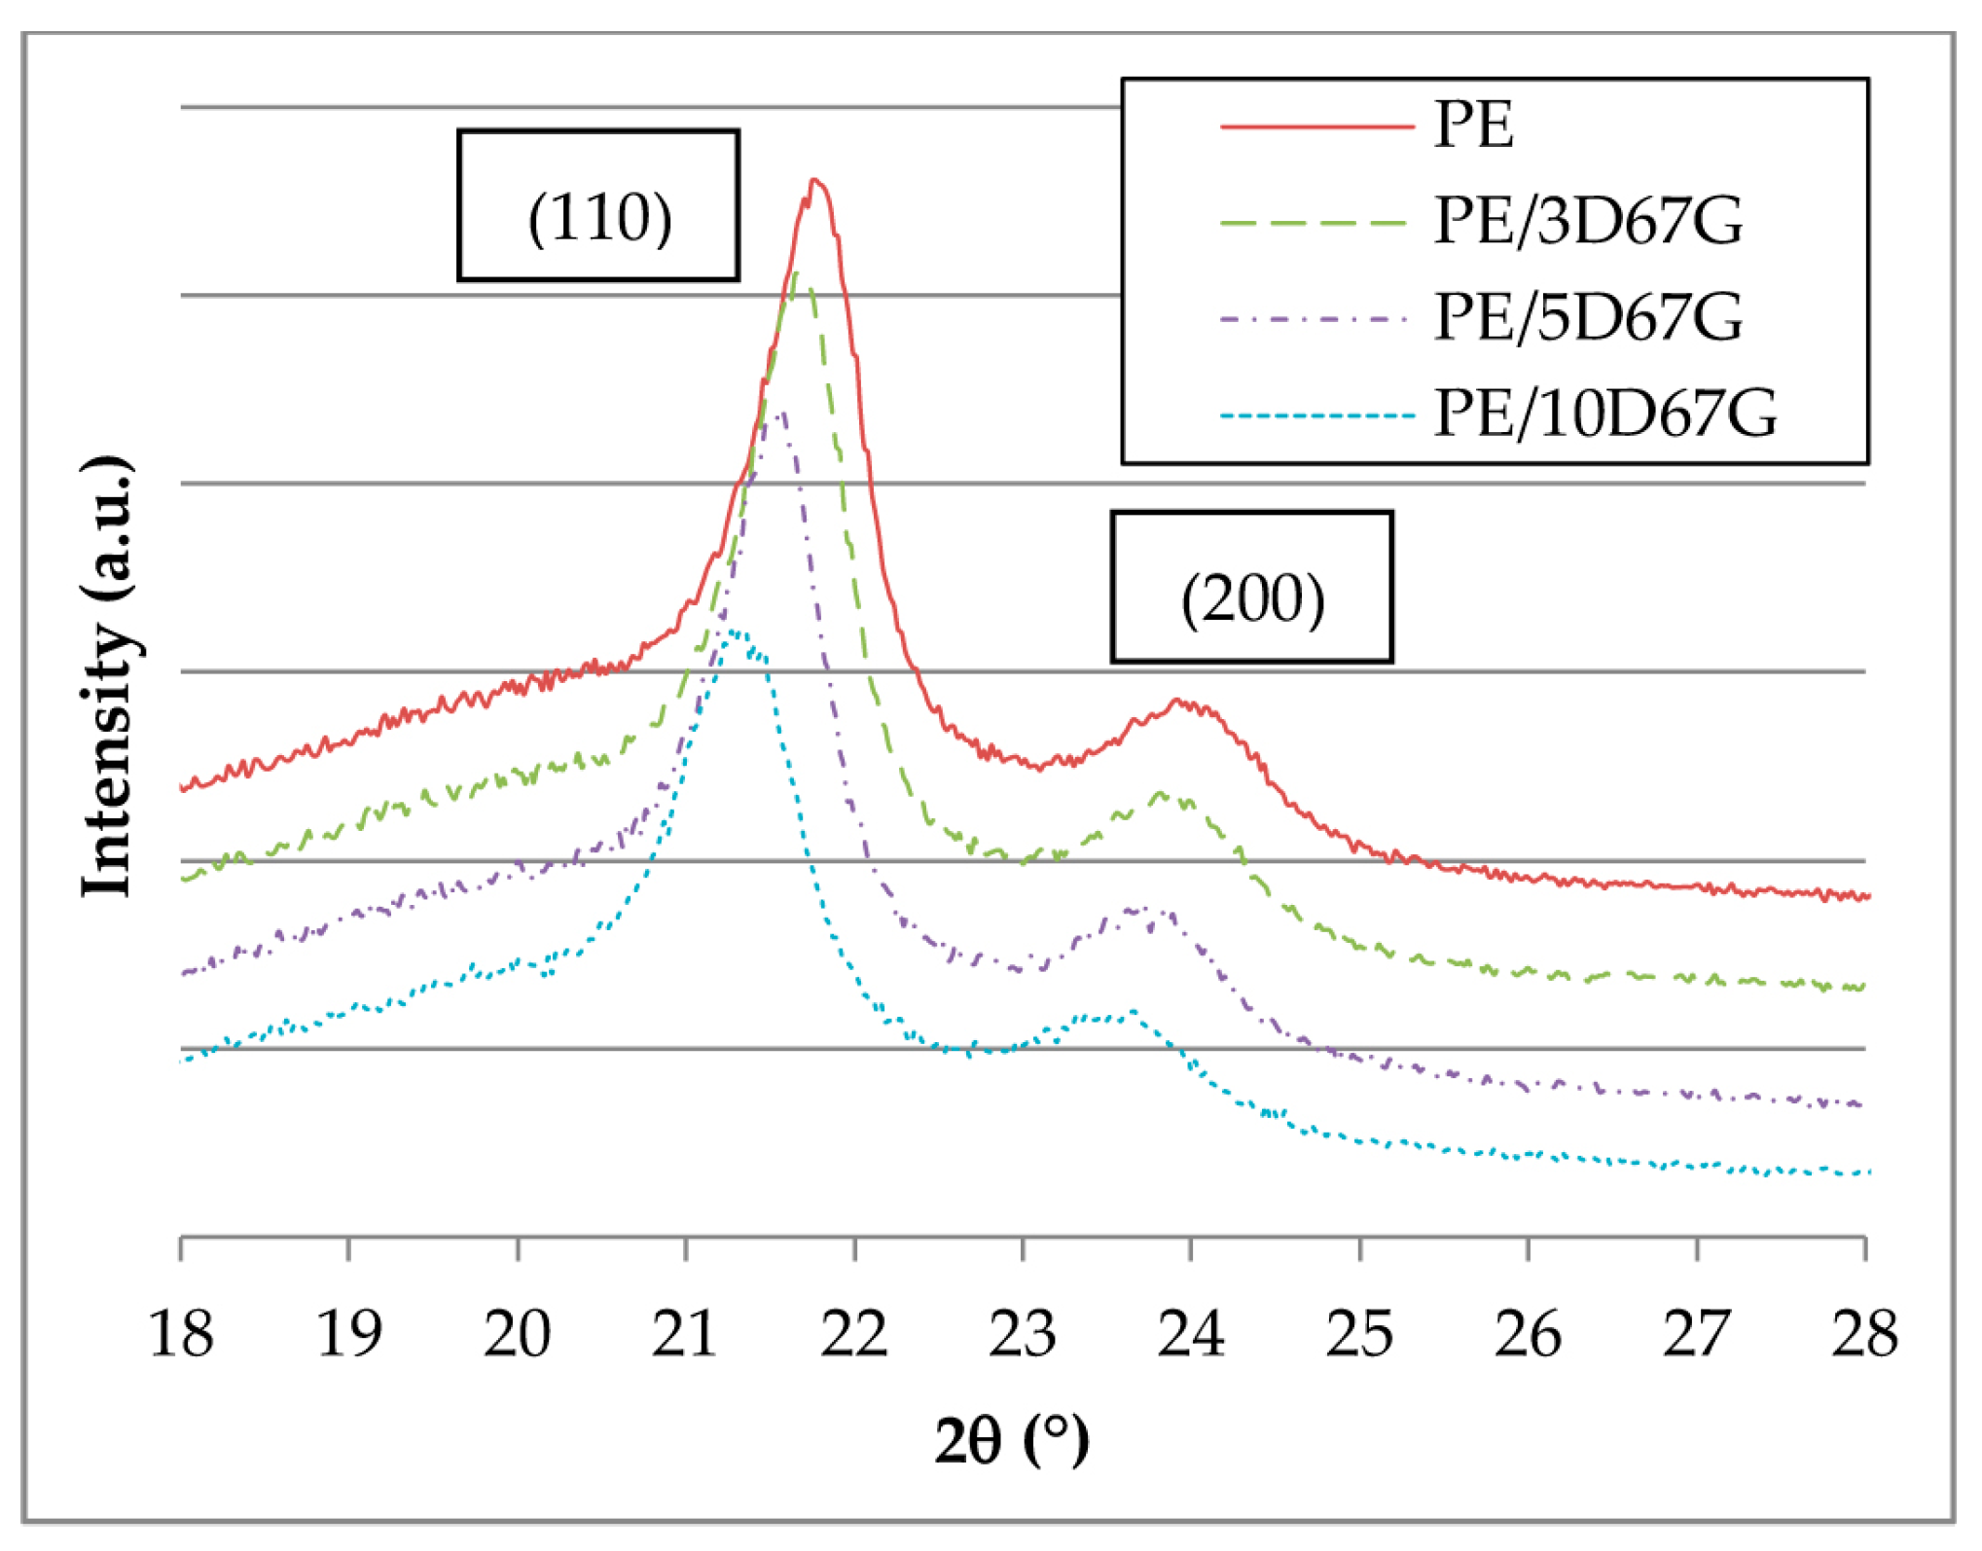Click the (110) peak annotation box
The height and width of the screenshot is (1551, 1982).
point(598,206)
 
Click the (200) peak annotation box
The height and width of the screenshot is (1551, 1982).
point(1252,588)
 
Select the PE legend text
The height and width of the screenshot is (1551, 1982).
point(1473,126)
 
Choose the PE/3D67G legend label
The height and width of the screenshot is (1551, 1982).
point(1588,221)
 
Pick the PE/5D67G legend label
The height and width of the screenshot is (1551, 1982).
point(1588,317)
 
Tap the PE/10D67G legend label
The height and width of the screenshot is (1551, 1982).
point(1605,414)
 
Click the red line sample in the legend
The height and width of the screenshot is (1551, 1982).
point(1315,126)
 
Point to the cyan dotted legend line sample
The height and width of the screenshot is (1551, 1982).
point(1315,415)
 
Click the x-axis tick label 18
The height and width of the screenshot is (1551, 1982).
point(181,1334)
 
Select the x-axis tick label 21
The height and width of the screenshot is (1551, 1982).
point(685,1334)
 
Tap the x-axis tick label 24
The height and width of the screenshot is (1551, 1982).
point(1190,1334)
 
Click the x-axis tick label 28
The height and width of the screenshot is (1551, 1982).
point(1864,1334)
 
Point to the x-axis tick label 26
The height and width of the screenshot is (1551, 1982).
point(1528,1334)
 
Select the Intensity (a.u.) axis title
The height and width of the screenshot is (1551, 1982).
point(107,676)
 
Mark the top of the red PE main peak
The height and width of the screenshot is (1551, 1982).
point(815,181)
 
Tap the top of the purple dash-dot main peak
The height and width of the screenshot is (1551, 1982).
point(781,414)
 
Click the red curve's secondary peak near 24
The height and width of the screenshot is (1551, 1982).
point(1178,700)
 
